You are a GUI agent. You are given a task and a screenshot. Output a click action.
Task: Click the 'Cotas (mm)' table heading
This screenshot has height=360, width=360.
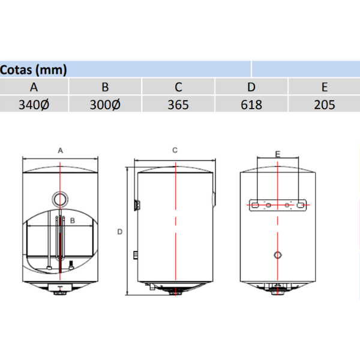(34, 69)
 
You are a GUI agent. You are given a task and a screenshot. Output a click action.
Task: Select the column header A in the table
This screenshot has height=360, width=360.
(34, 86)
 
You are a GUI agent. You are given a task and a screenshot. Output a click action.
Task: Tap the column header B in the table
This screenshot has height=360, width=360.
(105, 86)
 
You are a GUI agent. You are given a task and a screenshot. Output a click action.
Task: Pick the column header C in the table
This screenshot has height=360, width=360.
(178, 86)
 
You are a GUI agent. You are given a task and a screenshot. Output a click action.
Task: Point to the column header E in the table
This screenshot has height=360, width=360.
(324, 86)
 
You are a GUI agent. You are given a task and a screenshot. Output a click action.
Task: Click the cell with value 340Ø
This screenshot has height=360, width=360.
(34, 104)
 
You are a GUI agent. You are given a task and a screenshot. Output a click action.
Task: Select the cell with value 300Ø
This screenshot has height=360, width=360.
(105, 104)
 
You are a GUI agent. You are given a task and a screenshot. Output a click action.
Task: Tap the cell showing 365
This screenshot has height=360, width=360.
(178, 104)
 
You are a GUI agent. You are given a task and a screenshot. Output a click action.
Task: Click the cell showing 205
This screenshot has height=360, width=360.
(324, 104)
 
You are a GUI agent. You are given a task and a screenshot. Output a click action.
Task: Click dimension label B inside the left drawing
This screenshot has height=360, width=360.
(72, 220)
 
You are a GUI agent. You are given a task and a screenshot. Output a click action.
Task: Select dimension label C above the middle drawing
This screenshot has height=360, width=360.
(175, 150)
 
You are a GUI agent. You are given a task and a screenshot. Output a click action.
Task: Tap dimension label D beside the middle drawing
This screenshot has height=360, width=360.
(120, 232)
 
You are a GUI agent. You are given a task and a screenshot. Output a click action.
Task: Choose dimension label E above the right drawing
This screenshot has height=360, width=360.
(277, 154)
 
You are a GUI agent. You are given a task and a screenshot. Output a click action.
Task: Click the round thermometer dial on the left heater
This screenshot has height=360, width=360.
(60, 199)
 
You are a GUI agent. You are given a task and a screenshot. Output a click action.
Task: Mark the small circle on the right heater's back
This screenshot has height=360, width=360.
(277, 254)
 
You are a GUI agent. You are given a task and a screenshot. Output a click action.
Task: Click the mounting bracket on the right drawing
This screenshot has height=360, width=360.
(278, 205)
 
